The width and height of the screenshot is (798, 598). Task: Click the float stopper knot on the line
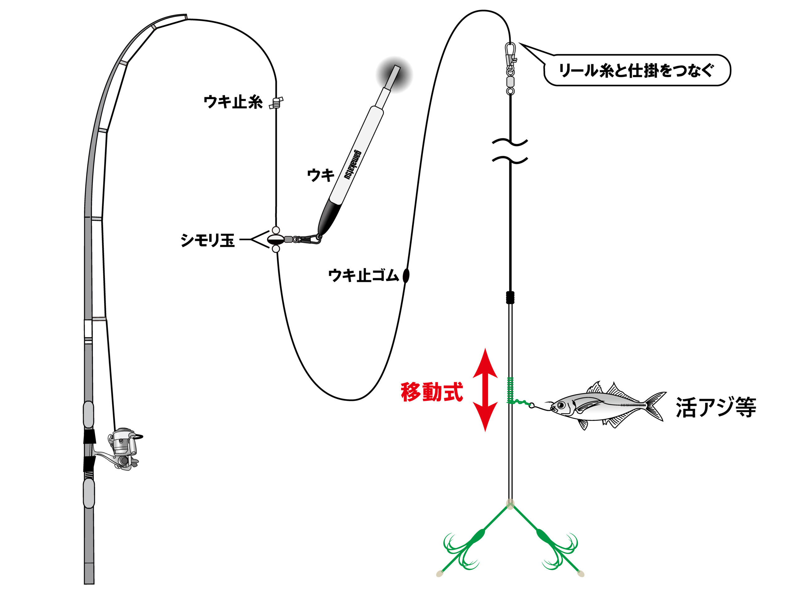click(276, 103)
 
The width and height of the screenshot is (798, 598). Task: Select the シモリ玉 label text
click(207, 240)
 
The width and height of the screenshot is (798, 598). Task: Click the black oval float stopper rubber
click(406, 276)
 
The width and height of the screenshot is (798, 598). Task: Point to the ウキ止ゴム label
click(364, 275)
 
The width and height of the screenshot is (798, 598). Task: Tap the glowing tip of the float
click(394, 75)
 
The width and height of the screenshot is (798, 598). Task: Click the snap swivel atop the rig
click(510, 69)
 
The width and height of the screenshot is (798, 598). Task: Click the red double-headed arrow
click(485, 390)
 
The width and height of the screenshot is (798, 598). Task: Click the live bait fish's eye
click(562, 406)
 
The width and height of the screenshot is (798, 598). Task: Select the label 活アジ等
click(716, 408)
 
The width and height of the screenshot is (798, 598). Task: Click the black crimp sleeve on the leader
click(510, 297)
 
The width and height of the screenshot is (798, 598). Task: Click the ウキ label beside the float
click(321, 176)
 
